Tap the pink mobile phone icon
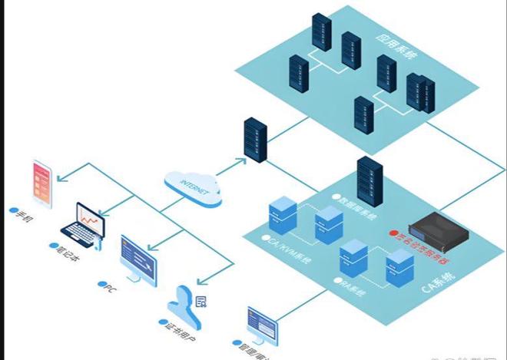(42, 184)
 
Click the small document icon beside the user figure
(202, 301)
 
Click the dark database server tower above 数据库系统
(369, 179)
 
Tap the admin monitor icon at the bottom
(261, 325)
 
